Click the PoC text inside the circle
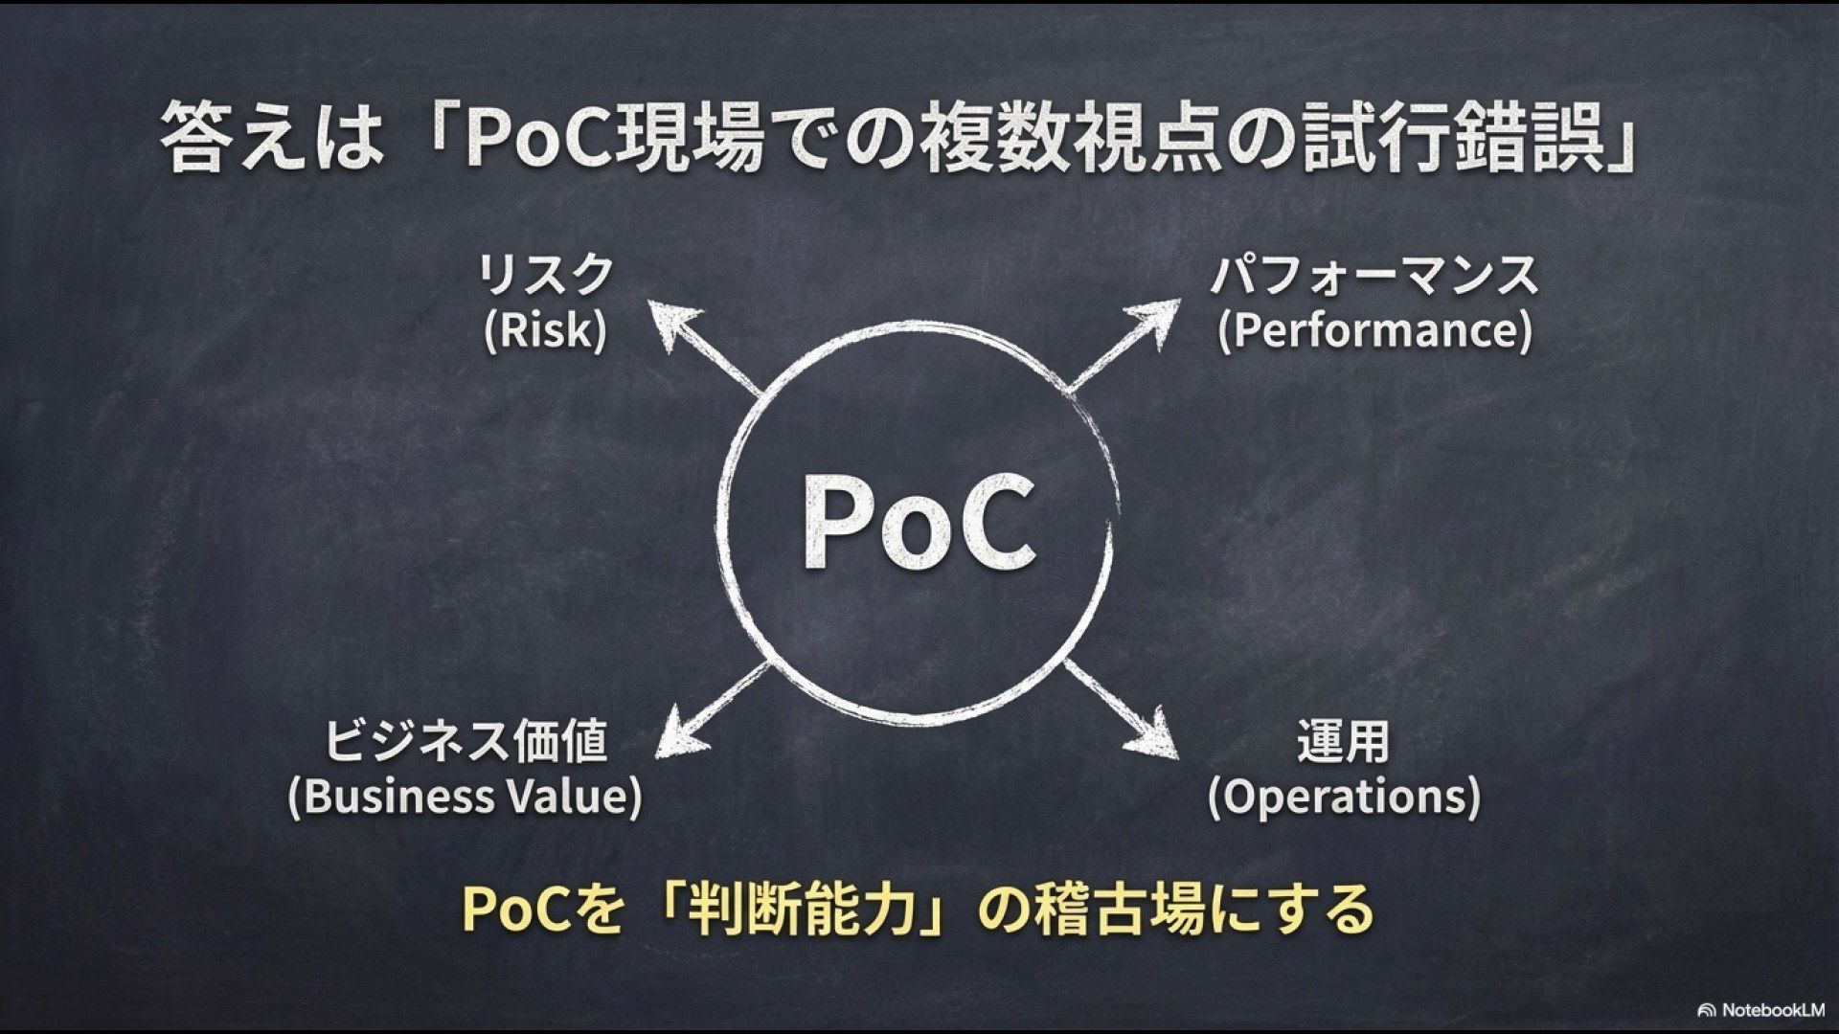tap(918, 523)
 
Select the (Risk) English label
tap(546, 330)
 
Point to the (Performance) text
tap(1374, 330)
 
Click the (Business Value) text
tap(465, 797)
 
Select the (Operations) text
tap(1343, 797)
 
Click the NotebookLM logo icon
tap(1706, 1010)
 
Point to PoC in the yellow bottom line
tap(517, 909)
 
